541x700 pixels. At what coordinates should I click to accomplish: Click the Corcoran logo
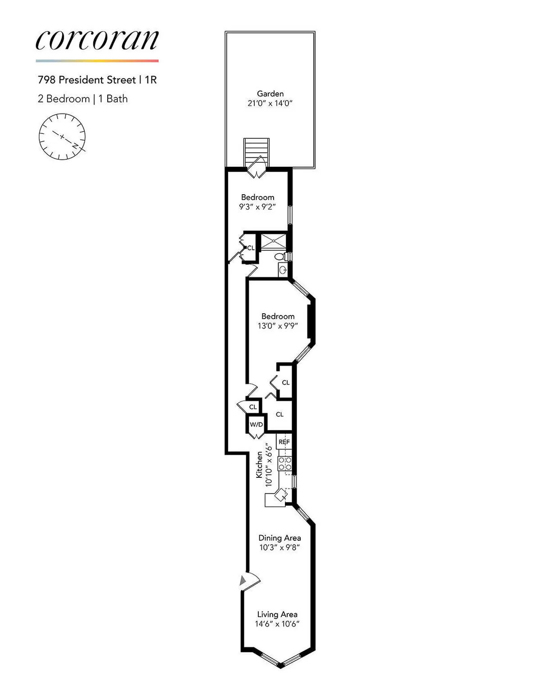97,40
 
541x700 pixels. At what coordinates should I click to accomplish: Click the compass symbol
62,137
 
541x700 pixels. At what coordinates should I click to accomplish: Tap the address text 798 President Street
87,80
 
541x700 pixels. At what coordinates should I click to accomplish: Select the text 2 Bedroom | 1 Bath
83,99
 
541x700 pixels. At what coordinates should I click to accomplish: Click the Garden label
270,94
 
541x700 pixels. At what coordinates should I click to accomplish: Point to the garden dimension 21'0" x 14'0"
270,103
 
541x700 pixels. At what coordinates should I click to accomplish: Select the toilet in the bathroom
280,256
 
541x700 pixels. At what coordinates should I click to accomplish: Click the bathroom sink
283,270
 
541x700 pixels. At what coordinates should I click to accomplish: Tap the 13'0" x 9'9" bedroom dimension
278,326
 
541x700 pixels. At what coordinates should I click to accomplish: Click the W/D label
256,425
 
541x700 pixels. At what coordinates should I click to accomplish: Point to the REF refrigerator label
284,442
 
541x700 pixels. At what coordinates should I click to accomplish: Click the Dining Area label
280,538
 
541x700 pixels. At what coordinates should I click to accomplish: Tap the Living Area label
277,614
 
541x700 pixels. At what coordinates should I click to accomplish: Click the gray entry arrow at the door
243,581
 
